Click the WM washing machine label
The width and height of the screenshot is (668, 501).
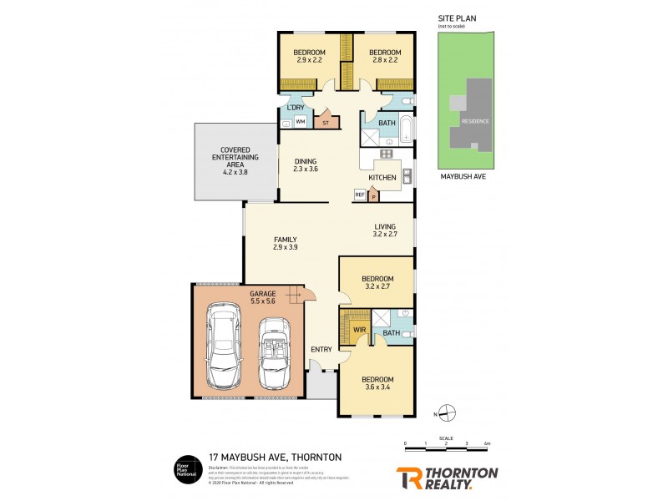301,121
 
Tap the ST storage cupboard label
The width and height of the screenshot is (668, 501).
326,122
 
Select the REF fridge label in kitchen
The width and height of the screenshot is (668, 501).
360,195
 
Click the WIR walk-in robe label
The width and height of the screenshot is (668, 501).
360,330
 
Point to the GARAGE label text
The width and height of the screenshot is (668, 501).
263,294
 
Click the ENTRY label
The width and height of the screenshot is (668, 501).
321,349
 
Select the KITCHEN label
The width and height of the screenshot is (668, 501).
382,178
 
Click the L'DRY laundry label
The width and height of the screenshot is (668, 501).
295,109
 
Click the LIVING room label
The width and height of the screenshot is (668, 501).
385,226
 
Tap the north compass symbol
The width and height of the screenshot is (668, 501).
447,412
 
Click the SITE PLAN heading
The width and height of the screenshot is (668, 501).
457,17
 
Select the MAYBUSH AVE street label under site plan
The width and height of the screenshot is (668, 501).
463,177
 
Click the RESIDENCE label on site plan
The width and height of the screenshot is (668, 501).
476,121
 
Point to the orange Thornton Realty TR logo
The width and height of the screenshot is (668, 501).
408,477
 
